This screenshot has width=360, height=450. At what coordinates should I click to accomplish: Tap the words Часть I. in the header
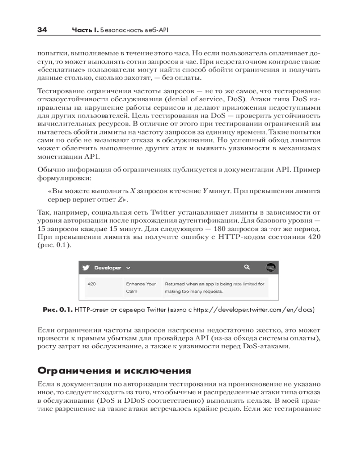pos(85,31)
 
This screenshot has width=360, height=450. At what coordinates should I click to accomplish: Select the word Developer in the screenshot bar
pos(107,268)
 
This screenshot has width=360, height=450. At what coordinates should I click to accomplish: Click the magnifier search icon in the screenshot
pos(247,267)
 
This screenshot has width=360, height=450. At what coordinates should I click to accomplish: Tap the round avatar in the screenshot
pos(270,267)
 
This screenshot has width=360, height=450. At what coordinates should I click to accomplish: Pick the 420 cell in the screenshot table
pos(91,284)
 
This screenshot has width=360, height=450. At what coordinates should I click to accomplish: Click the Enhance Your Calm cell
pos(141,288)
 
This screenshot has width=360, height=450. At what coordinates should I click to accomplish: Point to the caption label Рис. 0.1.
pos(57,310)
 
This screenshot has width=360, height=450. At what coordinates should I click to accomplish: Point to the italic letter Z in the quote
pos(119,199)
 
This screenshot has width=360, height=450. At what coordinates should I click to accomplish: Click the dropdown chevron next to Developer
pos(128,268)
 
